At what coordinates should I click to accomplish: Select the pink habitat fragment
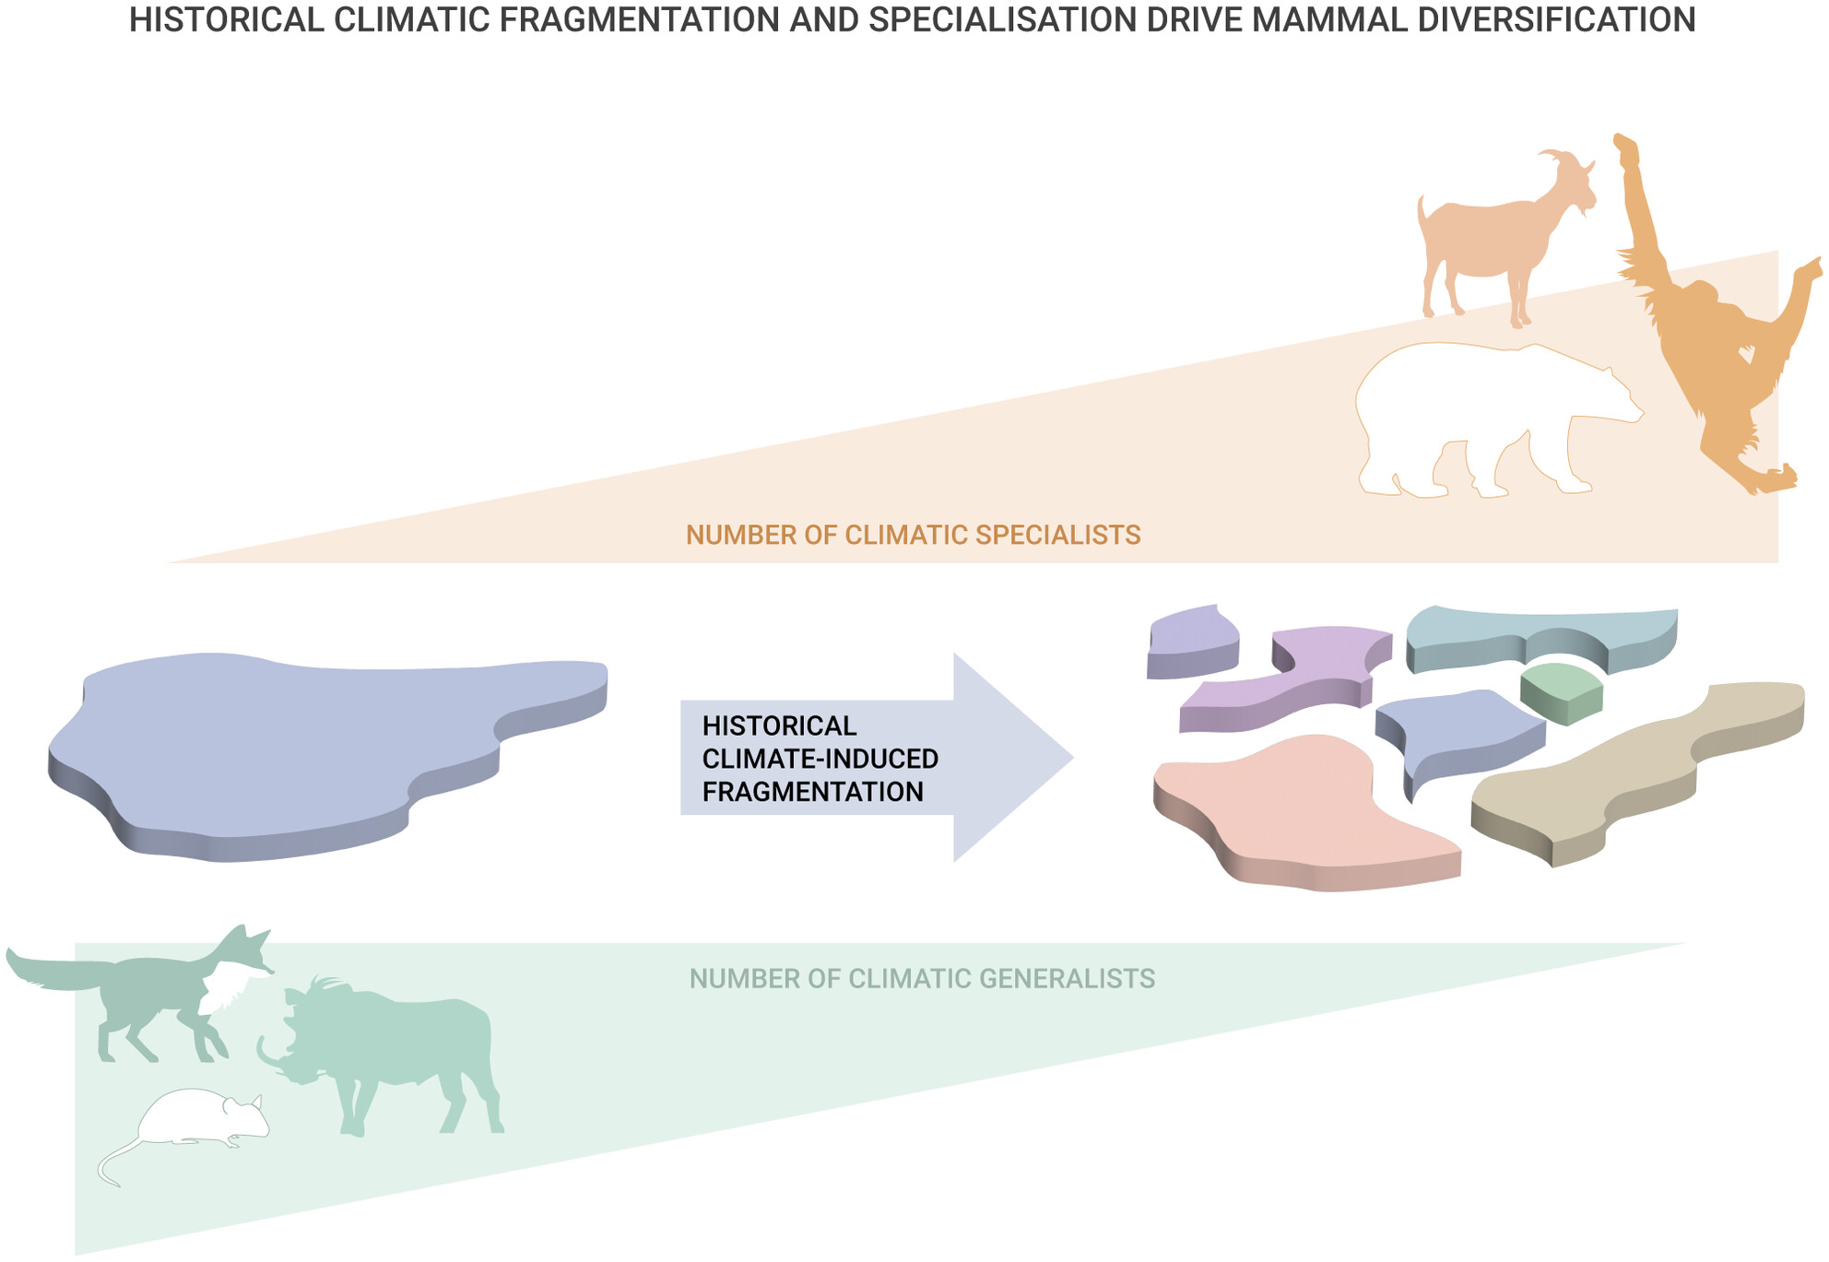pyautogui.click(x=1300, y=811)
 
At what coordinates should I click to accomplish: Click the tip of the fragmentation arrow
pyautogui.click(x=1074, y=758)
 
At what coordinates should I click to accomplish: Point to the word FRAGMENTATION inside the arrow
pyautogui.click(x=812, y=792)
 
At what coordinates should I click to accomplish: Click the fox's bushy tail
pyautogui.click(x=55, y=973)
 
